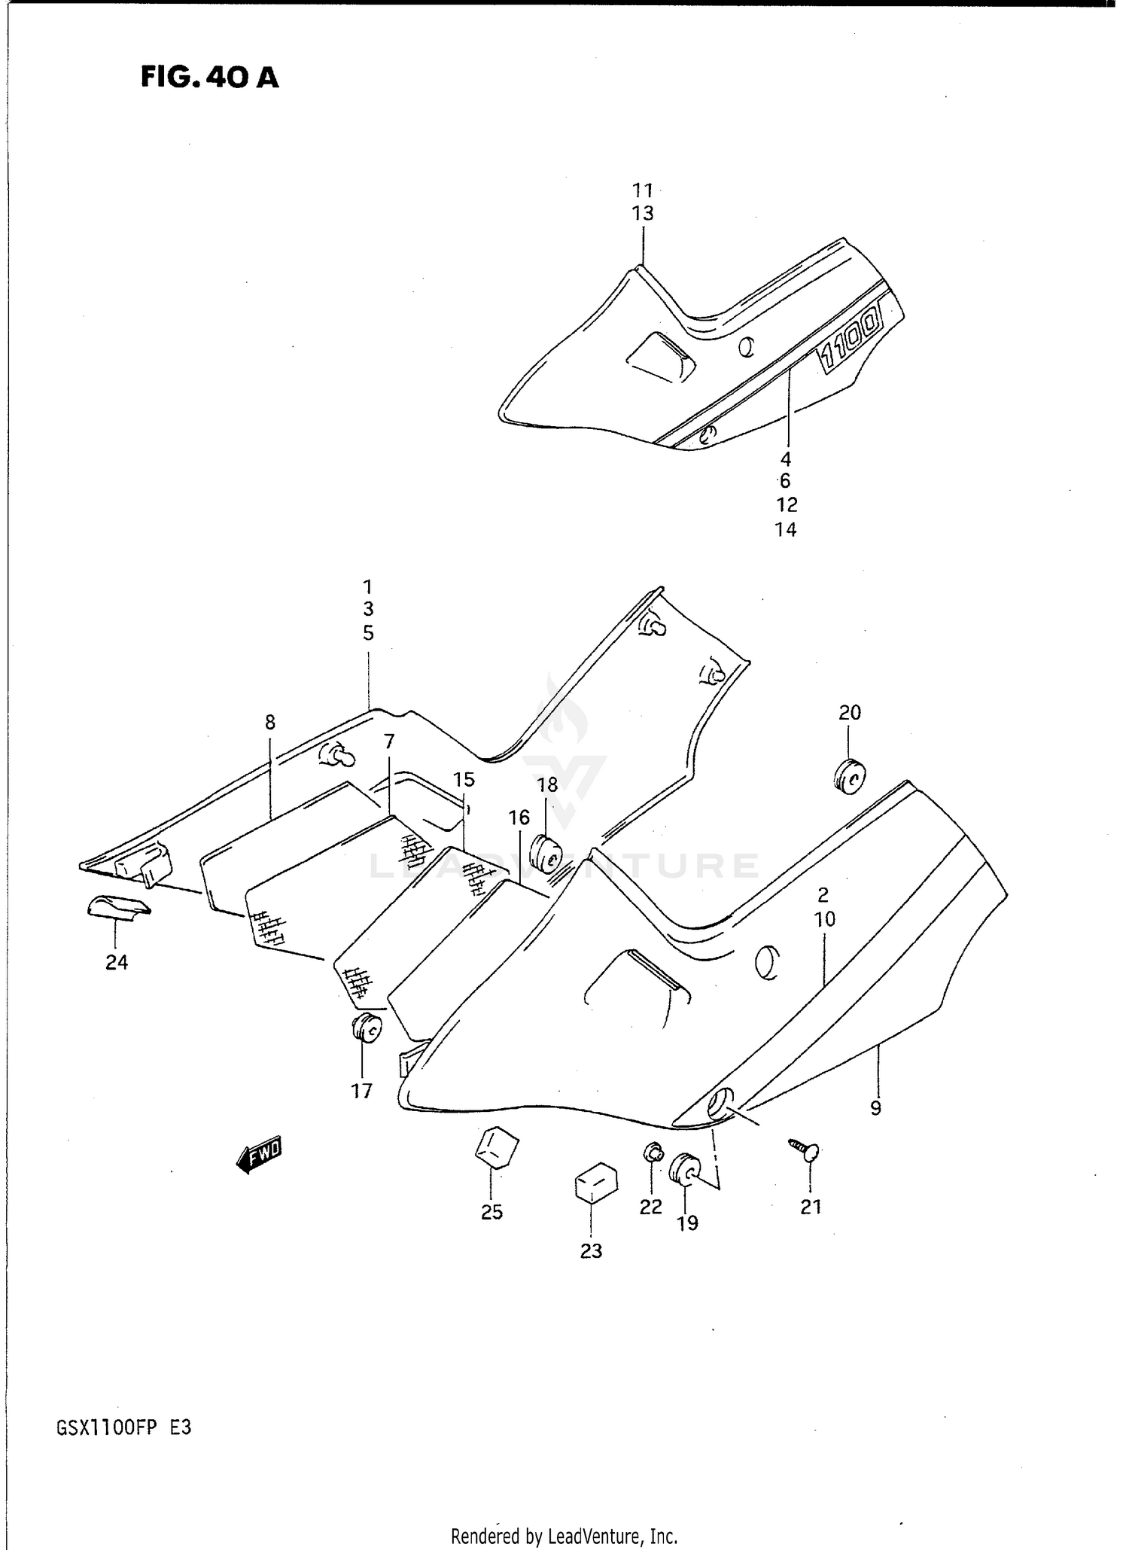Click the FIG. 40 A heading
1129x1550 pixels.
click(x=209, y=77)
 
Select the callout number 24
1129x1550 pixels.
click(x=117, y=962)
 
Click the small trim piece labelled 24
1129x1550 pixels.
click(x=117, y=907)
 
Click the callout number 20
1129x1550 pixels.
click(x=849, y=712)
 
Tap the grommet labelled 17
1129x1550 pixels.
click(x=366, y=1028)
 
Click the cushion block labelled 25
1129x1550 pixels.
click(x=497, y=1147)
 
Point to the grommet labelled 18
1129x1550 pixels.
click(x=547, y=853)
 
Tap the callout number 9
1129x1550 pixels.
click(x=875, y=1107)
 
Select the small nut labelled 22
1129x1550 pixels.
click(x=652, y=1152)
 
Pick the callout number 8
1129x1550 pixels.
click(x=270, y=723)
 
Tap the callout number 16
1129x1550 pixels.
click(x=519, y=817)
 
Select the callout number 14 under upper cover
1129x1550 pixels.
click(x=785, y=529)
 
